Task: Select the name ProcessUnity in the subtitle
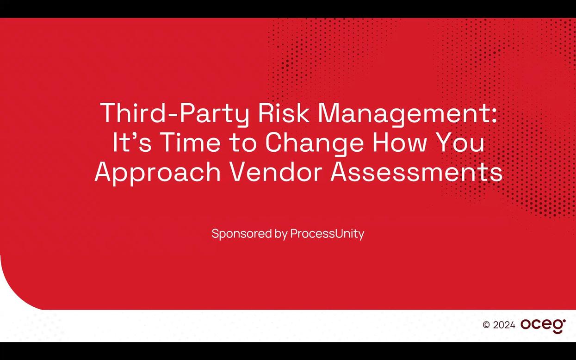point(327,234)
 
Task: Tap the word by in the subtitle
point(281,234)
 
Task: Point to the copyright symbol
point(486,325)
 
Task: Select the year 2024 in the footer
point(504,325)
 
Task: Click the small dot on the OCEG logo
point(564,321)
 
